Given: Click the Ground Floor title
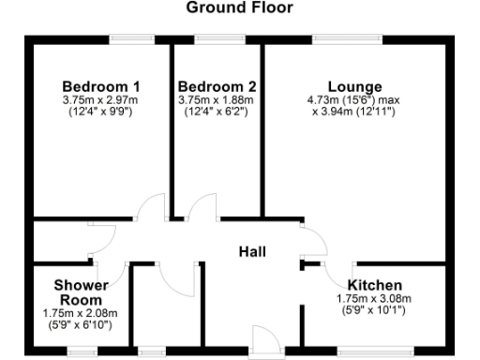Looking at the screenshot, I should [239, 8].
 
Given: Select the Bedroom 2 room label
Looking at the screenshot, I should [217, 84].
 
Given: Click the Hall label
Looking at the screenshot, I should [252, 252].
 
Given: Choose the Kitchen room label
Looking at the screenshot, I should [374, 285].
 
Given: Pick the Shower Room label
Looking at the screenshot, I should [80, 292].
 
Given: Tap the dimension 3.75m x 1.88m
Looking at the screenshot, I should [217, 100].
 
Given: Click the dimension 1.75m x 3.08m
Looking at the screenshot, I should [374, 299].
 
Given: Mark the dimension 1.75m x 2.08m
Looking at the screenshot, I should [80, 313].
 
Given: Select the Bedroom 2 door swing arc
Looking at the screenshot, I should [200, 205].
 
